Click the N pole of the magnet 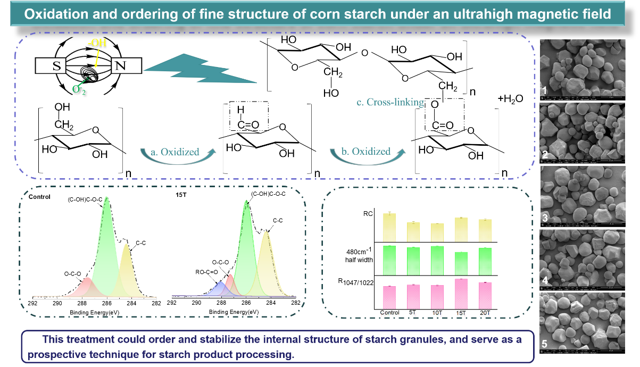click(x=121, y=66)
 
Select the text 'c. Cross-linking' click(x=390, y=103)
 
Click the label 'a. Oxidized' click(x=174, y=152)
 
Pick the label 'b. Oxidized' click(x=366, y=152)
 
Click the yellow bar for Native click(x=390, y=227)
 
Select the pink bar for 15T click(x=461, y=293)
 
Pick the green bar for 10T click(x=437, y=261)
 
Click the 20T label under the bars click(x=485, y=314)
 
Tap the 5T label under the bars click(x=414, y=314)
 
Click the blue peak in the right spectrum click(x=218, y=289)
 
